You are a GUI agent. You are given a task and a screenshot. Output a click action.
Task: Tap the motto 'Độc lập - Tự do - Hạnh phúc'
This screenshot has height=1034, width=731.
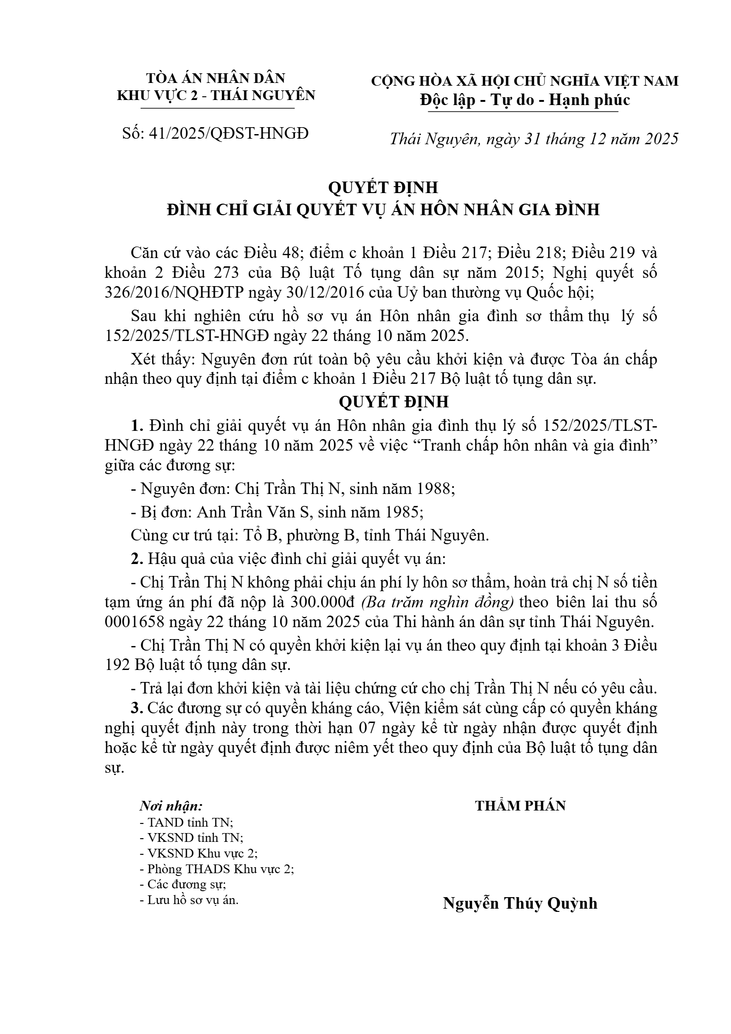click(525, 100)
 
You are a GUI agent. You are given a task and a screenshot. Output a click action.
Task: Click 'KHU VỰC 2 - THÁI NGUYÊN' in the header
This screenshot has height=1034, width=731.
click(216, 95)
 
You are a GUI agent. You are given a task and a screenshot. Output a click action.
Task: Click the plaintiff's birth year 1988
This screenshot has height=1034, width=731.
click(436, 488)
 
